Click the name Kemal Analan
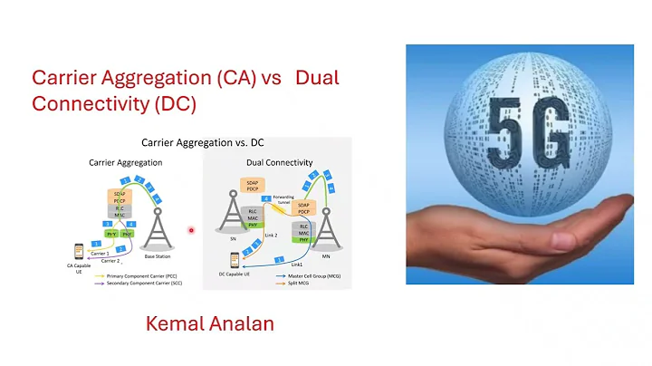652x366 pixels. point(209,323)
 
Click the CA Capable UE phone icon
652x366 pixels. point(79,251)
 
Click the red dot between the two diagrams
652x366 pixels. point(191,230)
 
